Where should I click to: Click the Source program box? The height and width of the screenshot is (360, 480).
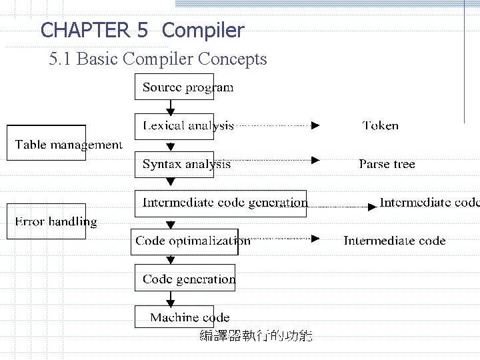coord(174,87)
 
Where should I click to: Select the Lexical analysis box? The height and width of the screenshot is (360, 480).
coord(174,125)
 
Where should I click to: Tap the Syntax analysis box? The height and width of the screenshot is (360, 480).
coord(174,164)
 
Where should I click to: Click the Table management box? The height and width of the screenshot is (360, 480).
coord(47,143)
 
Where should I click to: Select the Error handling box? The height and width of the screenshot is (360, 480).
coord(47,221)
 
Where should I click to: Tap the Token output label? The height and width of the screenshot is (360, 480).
coord(381,125)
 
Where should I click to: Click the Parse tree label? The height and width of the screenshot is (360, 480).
coord(387,164)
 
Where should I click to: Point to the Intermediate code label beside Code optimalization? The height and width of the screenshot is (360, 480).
coord(395,241)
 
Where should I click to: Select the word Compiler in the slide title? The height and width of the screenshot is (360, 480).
coord(203,30)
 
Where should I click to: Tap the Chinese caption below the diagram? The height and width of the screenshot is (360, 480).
coord(256,336)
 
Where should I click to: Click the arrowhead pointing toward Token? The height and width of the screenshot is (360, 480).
coord(316,125)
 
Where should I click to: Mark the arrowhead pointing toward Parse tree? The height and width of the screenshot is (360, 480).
coord(316,160)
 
